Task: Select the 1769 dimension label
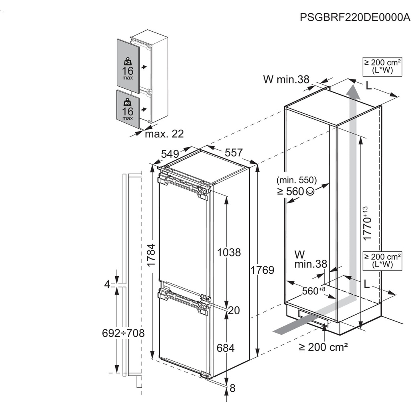[x=262, y=270]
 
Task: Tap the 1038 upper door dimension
[x=229, y=252]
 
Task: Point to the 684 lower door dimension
[x=226, y=348]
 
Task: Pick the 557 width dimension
[x=233, y=153]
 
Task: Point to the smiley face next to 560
[x=310, y=192]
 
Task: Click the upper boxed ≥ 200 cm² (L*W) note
[x=378, y=67]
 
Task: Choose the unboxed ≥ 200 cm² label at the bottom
[x=323, y=347]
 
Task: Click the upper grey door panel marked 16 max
[x=128, y=63]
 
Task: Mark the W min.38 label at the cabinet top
[x=286, y=79]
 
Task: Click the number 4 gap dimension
[x=107, y=285]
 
